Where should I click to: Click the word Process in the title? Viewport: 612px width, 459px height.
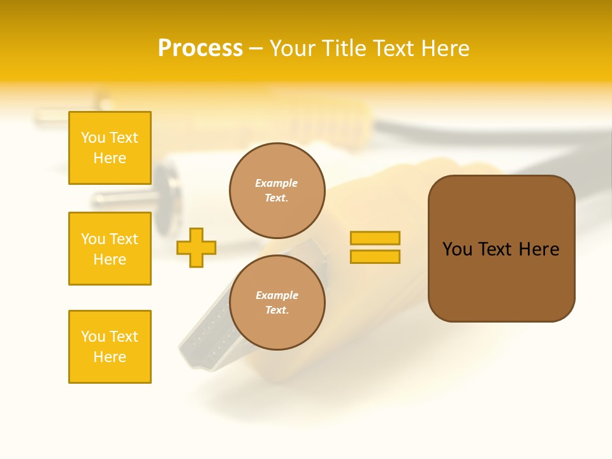(x=200, y=48)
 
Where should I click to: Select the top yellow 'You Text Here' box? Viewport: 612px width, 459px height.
(x=110, y=148)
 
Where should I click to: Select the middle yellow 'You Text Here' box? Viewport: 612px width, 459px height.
(x=110, y=249)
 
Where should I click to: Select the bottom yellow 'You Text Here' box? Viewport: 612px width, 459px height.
(x=110, y=347)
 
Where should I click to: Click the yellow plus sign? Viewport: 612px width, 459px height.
(x=196, y=247)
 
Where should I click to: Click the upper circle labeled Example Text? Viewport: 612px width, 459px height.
(x=277, y=190)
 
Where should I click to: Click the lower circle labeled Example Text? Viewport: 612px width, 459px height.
(x=277, y=302)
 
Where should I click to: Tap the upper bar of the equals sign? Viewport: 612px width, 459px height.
(x=375, y=238)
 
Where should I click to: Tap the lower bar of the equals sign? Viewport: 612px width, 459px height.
(x=375, y=257)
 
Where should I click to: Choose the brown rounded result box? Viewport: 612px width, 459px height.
(x=501, y=249)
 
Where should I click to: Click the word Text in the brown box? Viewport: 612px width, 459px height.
(x=496, y=249)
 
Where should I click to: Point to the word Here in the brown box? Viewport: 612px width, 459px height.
(x=539, y=249)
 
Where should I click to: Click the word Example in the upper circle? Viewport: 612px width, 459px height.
(x=277, y=183)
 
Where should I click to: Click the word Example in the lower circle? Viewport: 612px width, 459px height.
(x=277, y=295)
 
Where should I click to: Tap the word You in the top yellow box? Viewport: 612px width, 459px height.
(x=93, y=138)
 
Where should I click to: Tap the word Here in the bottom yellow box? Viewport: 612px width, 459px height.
(x=110, y=357)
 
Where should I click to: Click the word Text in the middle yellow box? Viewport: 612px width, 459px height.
(x=124, y=239)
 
